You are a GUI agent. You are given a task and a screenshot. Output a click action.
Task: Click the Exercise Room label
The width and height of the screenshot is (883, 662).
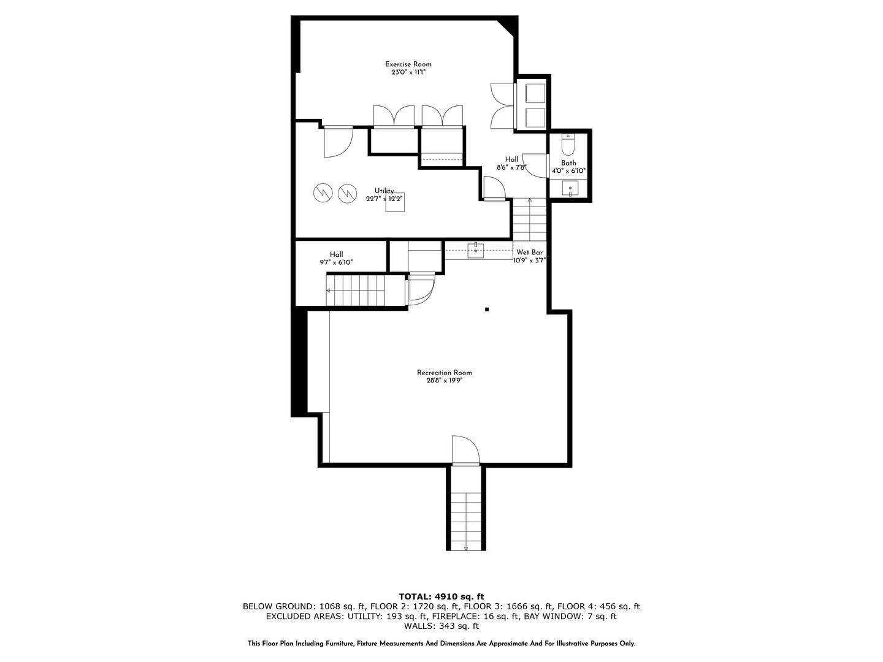tap(408, 64)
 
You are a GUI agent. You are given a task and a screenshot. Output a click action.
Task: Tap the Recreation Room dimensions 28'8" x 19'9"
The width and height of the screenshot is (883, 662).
tap(444, 381)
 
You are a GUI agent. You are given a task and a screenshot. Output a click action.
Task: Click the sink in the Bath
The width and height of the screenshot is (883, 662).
tap(570, 189)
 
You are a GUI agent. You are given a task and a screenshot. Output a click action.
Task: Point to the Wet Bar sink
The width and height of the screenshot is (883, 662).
tap(476, 249)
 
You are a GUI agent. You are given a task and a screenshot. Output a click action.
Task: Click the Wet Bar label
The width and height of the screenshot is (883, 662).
tap(529, 252)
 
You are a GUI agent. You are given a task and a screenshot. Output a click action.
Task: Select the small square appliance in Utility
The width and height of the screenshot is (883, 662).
tap(396, 202)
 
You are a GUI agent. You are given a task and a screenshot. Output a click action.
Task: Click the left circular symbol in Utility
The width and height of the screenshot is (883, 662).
tap(322, 193)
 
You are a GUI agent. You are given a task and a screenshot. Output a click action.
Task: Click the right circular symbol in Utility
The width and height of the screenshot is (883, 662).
tap(347, 193)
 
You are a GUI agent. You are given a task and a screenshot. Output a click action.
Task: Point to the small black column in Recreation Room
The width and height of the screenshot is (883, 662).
tap(487, 310)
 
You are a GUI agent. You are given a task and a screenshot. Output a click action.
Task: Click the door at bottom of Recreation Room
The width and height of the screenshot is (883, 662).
tap(465, 451)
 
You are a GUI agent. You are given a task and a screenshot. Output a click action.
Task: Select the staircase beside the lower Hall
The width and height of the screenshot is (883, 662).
tap(356, 290)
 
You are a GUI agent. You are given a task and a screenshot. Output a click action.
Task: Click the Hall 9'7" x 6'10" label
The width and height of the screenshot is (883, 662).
tap(336, 258)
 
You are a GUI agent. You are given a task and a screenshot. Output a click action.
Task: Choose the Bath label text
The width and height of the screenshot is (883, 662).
tap(568, 163)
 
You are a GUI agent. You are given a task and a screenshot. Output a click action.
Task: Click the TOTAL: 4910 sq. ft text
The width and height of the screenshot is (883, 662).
tap(441, 596)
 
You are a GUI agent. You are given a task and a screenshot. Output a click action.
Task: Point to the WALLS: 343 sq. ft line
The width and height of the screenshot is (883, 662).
tap(441, 626)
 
